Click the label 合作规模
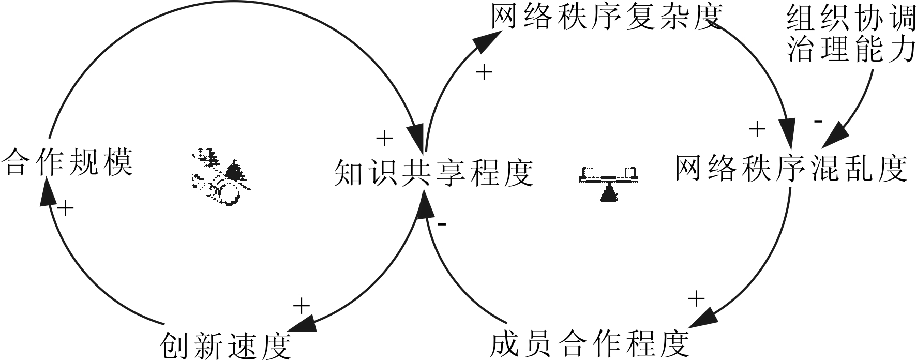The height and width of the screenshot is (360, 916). click(67, 162)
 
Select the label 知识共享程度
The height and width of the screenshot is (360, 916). click(433, 173)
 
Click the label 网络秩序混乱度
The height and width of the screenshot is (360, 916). click(791, 168)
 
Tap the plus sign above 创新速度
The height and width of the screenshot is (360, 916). click(301, 306)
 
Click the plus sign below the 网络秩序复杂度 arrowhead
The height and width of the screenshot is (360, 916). click(484, 73)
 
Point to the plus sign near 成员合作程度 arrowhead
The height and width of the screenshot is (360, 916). click(697, 298)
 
